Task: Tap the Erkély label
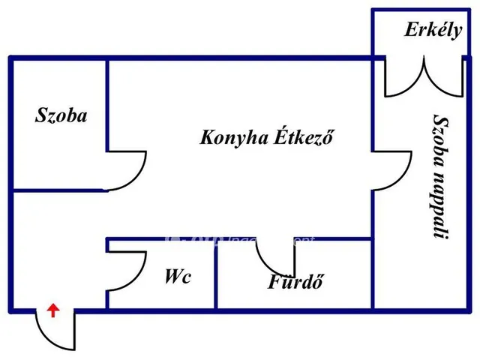click(x=433, y=31)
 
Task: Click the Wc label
click(x=178, y=277)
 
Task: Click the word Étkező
click(x=304, y=138)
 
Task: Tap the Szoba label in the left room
click(x=61, y=115)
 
